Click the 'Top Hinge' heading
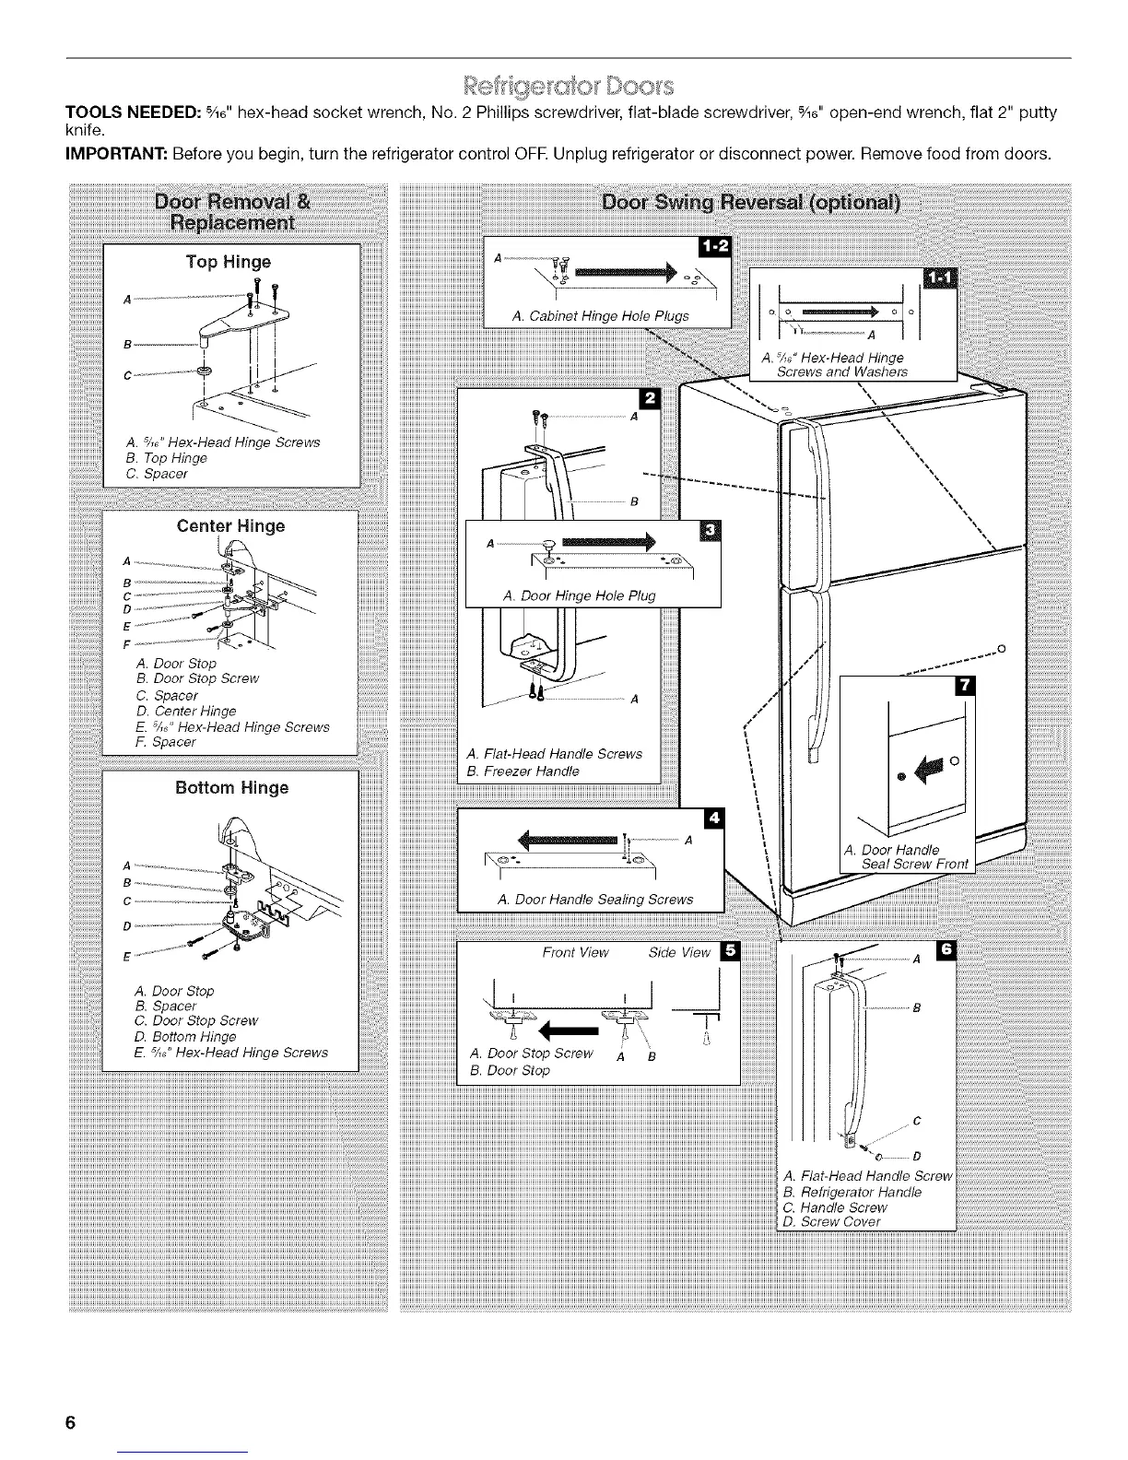[x=228, y=262]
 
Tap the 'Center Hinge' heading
[x=230, y=526]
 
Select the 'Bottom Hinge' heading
[x=231, y=788]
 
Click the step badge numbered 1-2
[x=714, y=247]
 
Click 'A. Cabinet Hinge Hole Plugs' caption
[x=600, y=316]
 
